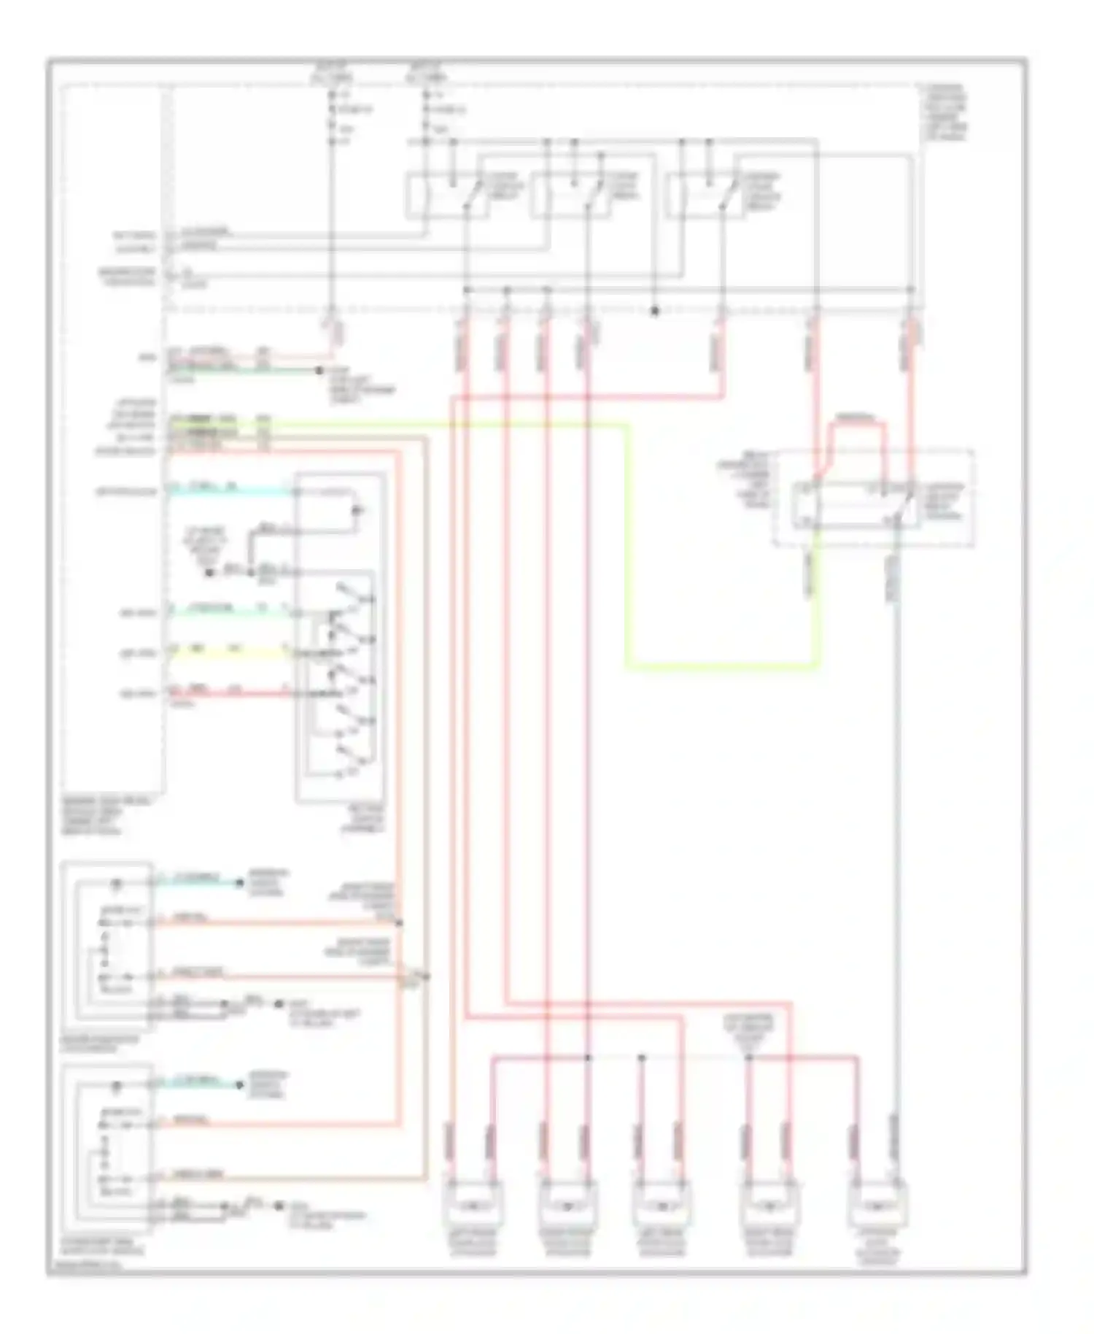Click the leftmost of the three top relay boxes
coord(447,196)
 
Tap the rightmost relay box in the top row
coord(705,196)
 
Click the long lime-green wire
coord(627,547)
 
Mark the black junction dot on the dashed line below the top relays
coord(654,312)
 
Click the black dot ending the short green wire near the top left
coord(319,371)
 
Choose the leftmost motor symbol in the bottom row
coord(472,1206)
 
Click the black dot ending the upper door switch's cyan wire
coord(238,883)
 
